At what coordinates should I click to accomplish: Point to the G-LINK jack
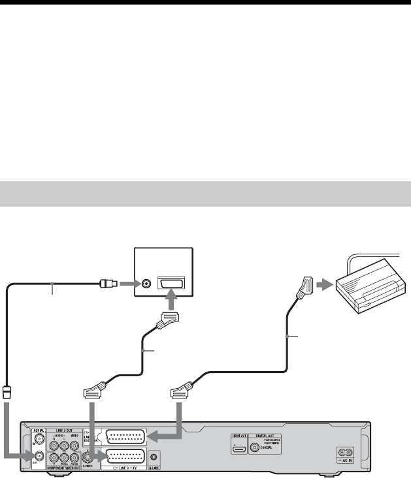pos(153,458)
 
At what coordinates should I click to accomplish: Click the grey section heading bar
pos(205,194)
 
